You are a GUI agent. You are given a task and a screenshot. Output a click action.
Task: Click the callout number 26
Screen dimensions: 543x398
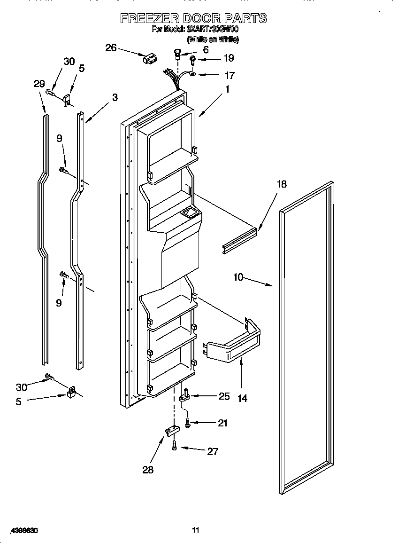[x=111, y=47]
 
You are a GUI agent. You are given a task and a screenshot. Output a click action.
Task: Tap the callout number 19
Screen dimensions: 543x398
[x=229, y=58]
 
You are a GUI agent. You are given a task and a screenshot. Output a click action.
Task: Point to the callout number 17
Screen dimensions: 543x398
[x=230, y=75]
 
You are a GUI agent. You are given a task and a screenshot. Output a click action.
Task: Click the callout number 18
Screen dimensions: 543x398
[x=281, y=184]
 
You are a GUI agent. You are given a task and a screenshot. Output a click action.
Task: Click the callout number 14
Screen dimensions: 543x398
[x=242, y=398]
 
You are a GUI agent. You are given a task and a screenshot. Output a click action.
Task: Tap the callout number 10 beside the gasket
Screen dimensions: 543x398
[x=238, y=277]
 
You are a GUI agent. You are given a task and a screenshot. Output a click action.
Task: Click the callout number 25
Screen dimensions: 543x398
[x=224, y=396]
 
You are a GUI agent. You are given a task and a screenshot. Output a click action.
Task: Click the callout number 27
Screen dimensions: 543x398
[x=213, y=451]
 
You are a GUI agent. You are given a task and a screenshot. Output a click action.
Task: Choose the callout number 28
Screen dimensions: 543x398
[x=148, y=469]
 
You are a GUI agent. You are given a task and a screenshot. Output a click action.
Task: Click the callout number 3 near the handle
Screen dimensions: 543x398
[x=115, y=98]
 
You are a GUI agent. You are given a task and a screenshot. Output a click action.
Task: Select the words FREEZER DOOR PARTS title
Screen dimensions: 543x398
[x=193, y=18]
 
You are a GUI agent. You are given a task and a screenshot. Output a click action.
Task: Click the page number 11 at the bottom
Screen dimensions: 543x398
[x=196, y=530]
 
